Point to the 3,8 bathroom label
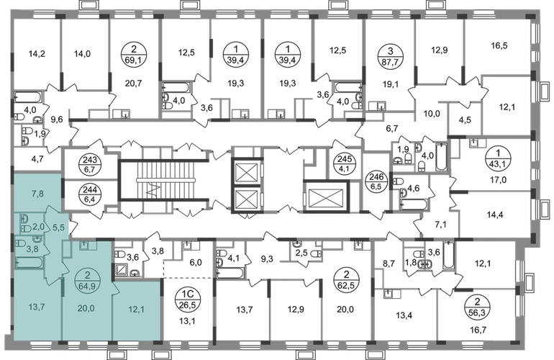point(33,249)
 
